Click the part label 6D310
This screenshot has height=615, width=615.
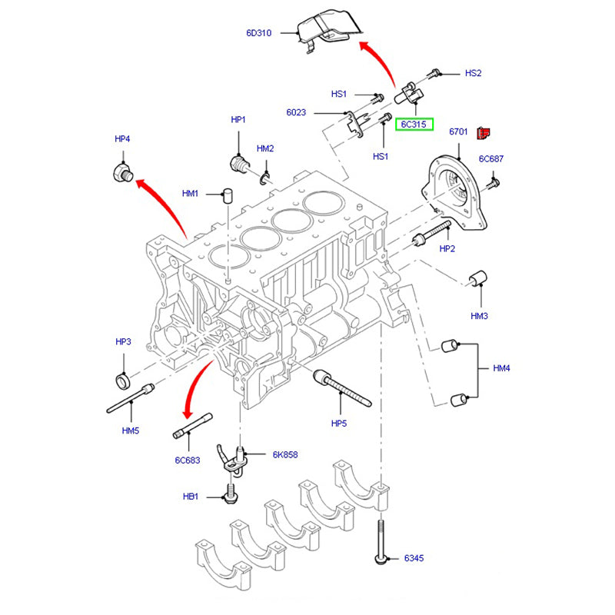click(259, 33)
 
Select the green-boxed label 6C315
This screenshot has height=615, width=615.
click(414, 124)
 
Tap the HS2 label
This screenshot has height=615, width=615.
click(473, 74)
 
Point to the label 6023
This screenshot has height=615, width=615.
click(296, 113)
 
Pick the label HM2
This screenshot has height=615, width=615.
click(265, 148)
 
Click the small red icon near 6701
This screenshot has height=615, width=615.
click(483, 134)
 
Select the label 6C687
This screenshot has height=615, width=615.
click(491, 159)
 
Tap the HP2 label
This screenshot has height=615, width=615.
click(447, 249)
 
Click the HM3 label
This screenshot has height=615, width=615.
click(480, 316)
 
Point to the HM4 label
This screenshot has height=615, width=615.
click(501, 369)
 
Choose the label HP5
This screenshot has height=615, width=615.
click(339, 423)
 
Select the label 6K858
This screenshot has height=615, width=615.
click(284, 454)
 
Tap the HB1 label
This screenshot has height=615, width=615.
click(191, 497)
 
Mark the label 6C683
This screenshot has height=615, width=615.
click(187, 460)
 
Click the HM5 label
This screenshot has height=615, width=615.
click(131, 430)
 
